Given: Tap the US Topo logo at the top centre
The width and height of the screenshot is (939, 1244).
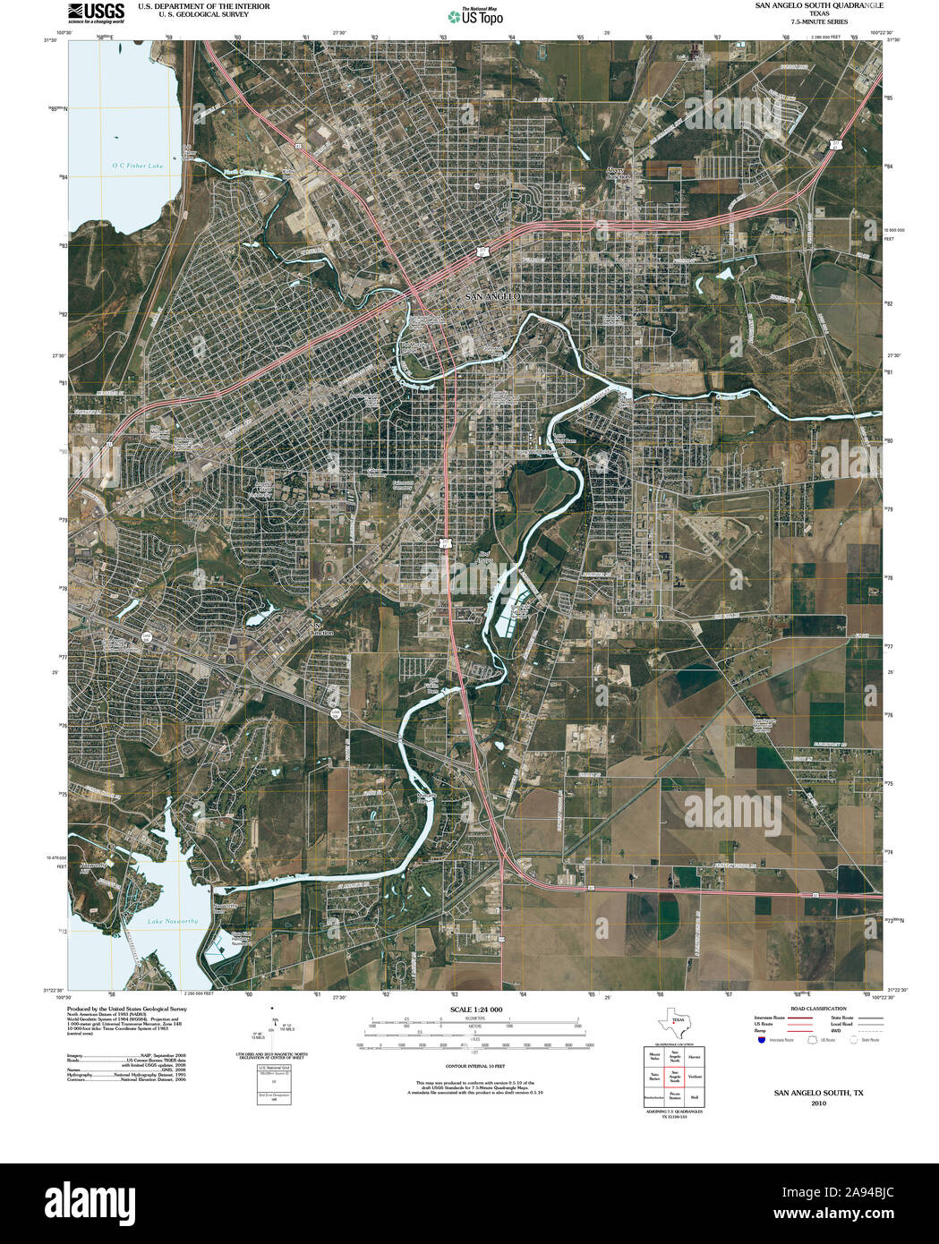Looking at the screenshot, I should pyautogui.click(x=476, y=15).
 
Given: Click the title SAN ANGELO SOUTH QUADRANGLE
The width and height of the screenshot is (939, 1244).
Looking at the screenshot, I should pyautogui.click(x=807, y=5).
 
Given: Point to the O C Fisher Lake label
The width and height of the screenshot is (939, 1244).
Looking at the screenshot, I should pyautogui.click(x=138, y=166).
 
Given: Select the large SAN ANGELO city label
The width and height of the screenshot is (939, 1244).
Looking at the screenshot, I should pyautogui.click(x=491, y=295).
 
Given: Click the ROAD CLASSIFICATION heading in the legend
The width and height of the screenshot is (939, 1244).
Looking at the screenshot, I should pyautogui.click(x=813, y=1009).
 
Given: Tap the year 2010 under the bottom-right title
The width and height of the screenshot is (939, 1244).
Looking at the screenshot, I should pyautogui.click(x=818, y=1103).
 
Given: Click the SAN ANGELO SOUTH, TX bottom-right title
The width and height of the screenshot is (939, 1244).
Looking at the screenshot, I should pyautogui.click(x=818, y=1093).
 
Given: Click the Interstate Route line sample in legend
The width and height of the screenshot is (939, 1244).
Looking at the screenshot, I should pyautogui.click(x=799, y=1018).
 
